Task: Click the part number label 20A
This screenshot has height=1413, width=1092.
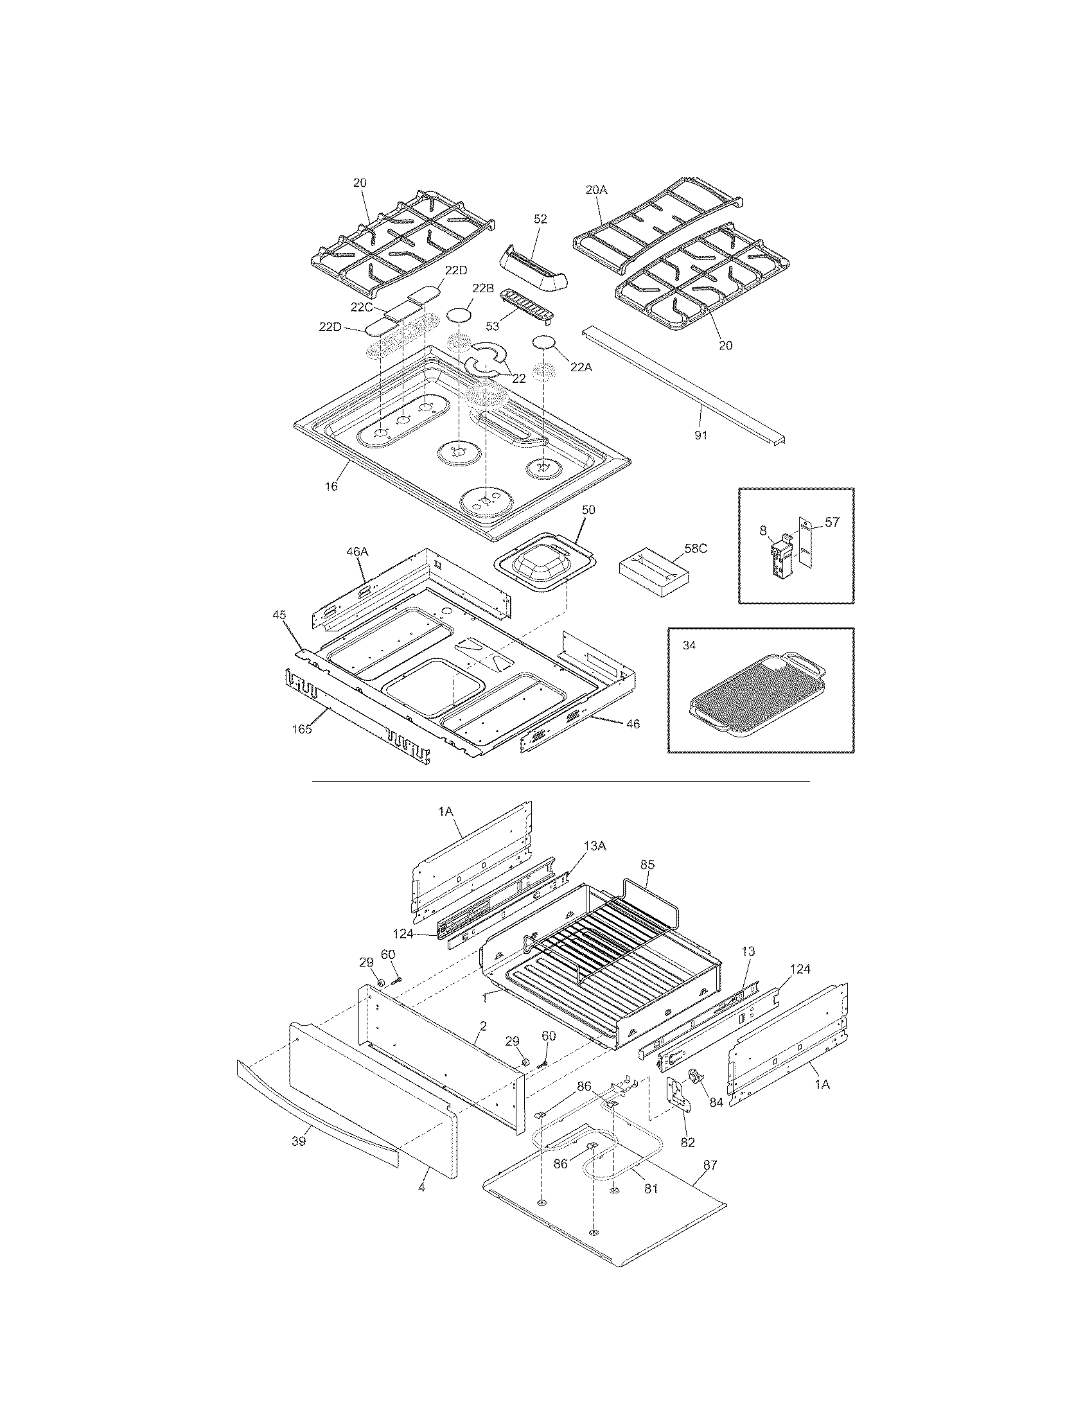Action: click(x=597, y=189)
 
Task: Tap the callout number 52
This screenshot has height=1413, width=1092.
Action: click(x=540, y=219)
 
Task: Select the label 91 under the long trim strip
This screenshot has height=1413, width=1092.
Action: click(x=701, y=435)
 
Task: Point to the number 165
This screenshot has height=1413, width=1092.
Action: click(x=301, y=729)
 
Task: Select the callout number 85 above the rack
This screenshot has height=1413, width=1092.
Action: click(x=647, y=864)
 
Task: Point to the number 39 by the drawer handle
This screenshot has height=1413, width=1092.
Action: click(x=298, y=1142)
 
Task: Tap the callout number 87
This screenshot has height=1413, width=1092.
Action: click(x=710, y=1165)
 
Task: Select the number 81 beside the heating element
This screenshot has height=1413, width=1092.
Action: click(x=650, y=1188)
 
